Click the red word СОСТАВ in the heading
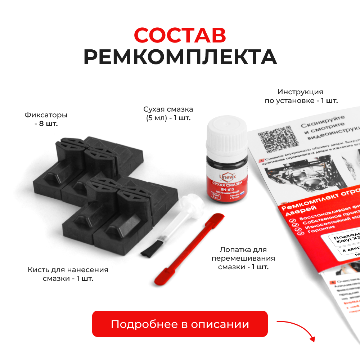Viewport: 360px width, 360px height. click(x=180, y=35)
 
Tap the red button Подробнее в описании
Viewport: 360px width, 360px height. click(x=180, y=324)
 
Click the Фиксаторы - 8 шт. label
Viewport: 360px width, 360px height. click(x=46, y=119)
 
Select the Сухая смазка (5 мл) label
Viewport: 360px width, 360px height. click(x=168, y=113)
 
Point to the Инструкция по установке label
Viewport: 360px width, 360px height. click(x=301, y=96)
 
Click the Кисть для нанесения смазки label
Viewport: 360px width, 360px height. click(x=68, y=274)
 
